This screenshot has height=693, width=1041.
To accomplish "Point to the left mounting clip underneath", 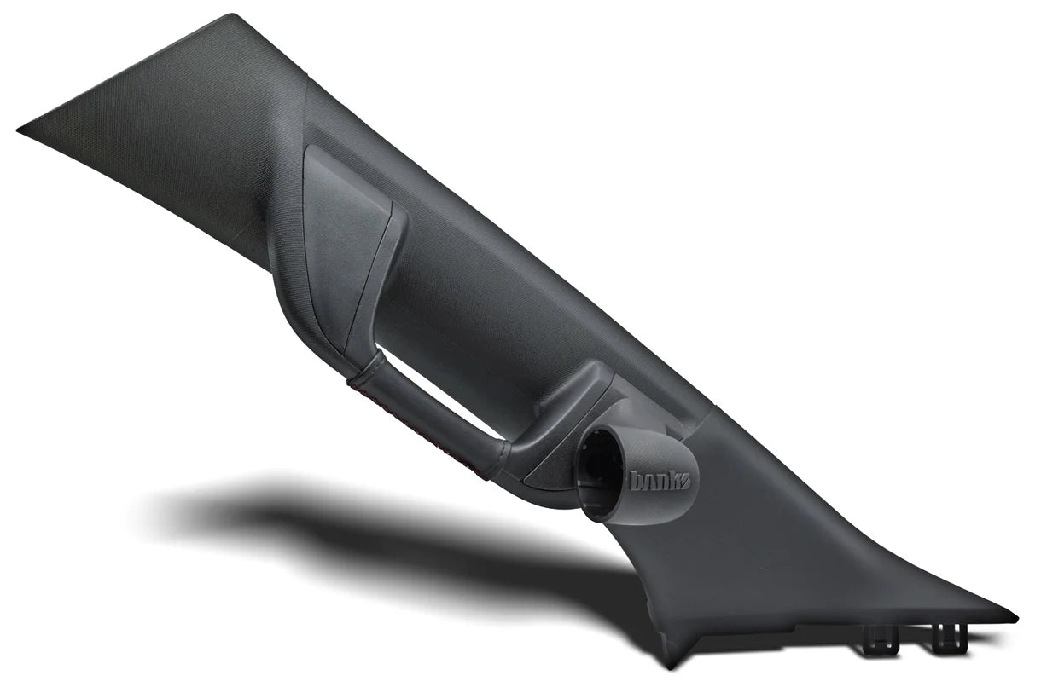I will click(x=878, y=635).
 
